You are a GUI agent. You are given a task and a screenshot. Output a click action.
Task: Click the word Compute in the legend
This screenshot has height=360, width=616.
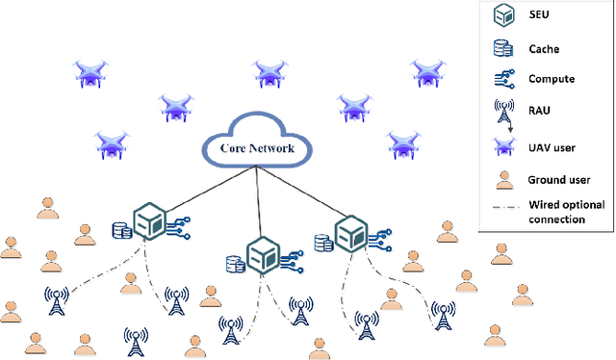552,79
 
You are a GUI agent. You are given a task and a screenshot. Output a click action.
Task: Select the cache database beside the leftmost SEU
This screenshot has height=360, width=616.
122,231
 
